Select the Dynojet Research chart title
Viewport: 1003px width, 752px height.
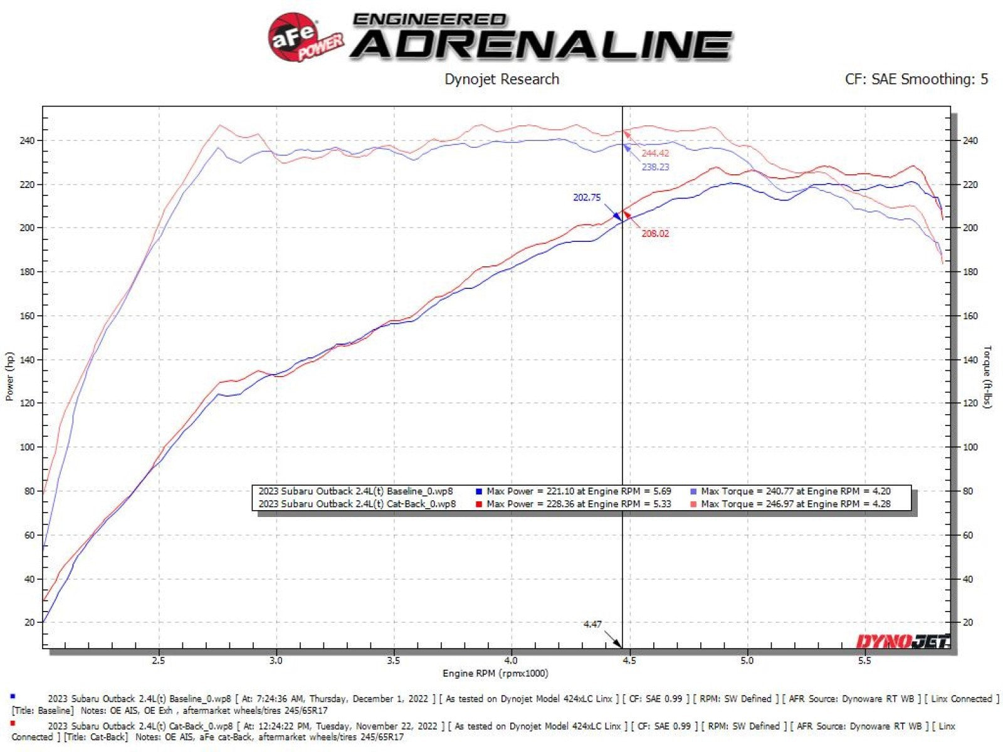click(x=501, y=80)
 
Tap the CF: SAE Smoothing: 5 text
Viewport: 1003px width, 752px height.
click(x=916, y=80)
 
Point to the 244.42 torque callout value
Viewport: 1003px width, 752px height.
click(x=655, y=154)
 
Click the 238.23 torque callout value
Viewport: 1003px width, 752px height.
click(x=655, y=167)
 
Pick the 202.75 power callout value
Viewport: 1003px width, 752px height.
click(x=587, y=197)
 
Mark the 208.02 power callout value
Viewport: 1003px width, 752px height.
click(x=655, y=234)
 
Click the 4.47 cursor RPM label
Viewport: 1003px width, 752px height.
click(x=592, y=624)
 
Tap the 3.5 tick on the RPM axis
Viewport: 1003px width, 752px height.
click(x=394, y=661)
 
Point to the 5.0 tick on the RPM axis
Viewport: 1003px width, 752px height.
click(x=747, y=661)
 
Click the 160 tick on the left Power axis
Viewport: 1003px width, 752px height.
click(x=28, y=316)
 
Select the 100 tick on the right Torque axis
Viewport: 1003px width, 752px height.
click(x=970, y=447)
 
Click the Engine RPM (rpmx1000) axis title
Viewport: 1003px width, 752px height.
click(x=495, y=674)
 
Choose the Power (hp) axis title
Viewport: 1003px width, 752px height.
click(x=9, y=376)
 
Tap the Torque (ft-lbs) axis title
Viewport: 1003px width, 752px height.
click(x=988, y=377)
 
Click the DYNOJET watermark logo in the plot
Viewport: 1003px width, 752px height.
click(x=903, y=642)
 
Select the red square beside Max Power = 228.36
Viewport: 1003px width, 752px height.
click(x=479, y=504)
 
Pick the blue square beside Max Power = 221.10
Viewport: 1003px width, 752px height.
click(x=479, y=492)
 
